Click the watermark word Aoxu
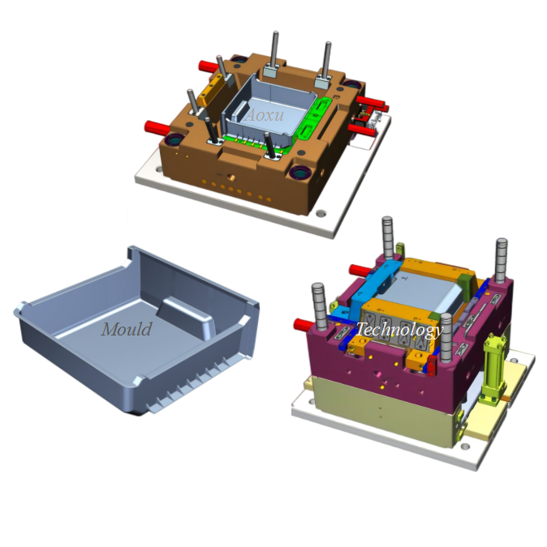point(265,115)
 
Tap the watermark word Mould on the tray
point(127,329)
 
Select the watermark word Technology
point(399,330)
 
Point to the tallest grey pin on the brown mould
point(275,53)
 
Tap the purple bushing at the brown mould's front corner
point(300,172)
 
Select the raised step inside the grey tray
point(187,315)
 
